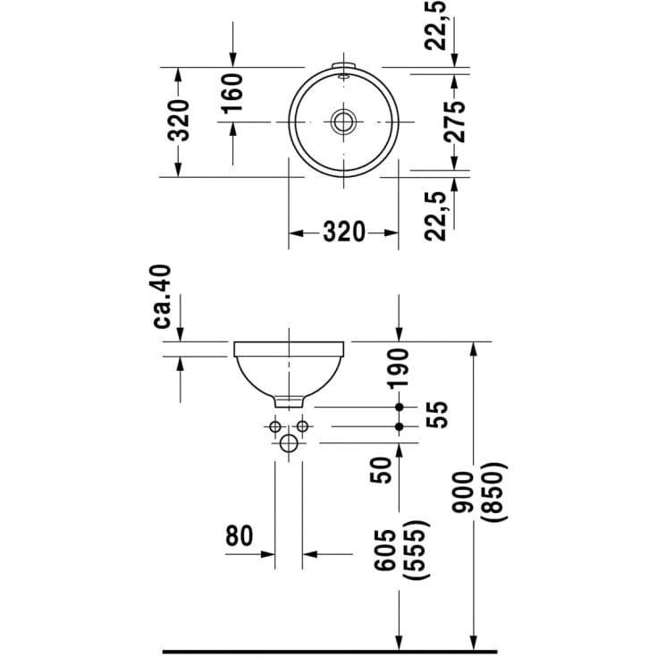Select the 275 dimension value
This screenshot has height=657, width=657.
tap(455, 121)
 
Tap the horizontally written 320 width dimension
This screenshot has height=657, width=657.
tap(343, 232)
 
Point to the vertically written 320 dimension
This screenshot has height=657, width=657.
tap(180, 121)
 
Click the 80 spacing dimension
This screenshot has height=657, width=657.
tap(239, 535)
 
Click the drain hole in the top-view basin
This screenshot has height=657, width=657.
tap(343, 121)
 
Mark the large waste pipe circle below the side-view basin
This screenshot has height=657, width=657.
tap(289, 444)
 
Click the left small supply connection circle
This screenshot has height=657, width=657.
tap(275, 426)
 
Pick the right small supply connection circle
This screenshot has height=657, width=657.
tap(302, 426)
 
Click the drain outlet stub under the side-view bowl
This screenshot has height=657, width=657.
tap(289, 400)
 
